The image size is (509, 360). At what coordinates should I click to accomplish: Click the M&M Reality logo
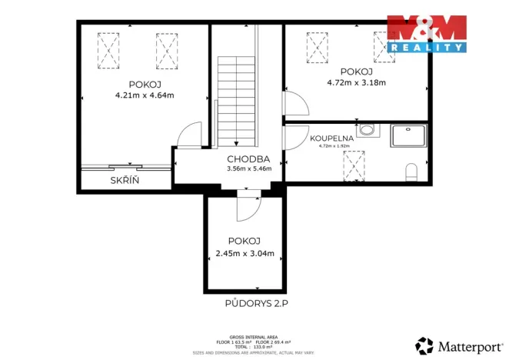click(426, 32)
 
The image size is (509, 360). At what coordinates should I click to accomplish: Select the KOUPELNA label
click(331, 138)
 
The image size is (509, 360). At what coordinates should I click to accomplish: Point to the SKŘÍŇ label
click(124, 180)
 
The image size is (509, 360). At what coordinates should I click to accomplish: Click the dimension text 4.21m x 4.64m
click(145, 96)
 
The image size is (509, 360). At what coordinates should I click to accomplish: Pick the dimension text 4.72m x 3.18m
click(356, 82)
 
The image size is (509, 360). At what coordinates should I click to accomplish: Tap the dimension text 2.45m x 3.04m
click(245, 254)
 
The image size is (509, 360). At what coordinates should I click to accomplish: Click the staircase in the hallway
click(236, 100)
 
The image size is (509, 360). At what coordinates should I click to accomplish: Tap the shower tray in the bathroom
click(408, 135)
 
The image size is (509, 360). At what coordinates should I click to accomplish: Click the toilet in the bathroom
click(412, 170)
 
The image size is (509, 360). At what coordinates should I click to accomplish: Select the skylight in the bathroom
click(354, 164)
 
